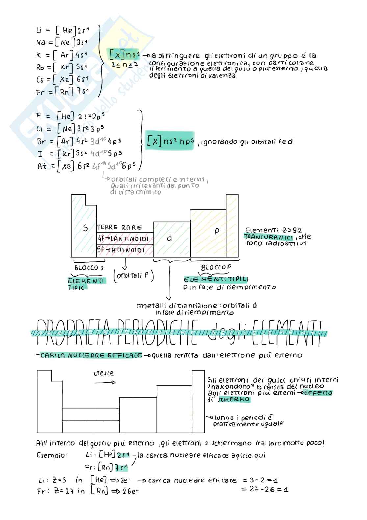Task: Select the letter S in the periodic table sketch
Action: [85, 228]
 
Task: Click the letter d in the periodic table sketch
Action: [169, 238]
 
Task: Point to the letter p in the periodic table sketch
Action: [216, 231]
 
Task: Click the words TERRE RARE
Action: [120, 227]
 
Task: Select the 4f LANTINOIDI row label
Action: [123, 238]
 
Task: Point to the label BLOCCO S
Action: [89, 268]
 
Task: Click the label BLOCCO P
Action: [216, 267]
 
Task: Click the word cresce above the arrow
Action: [104, 373]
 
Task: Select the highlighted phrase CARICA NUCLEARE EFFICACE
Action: [91, 355]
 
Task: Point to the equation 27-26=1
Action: [265, 489]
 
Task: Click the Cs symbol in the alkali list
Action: [40, 80]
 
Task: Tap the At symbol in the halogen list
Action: [42, 166]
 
